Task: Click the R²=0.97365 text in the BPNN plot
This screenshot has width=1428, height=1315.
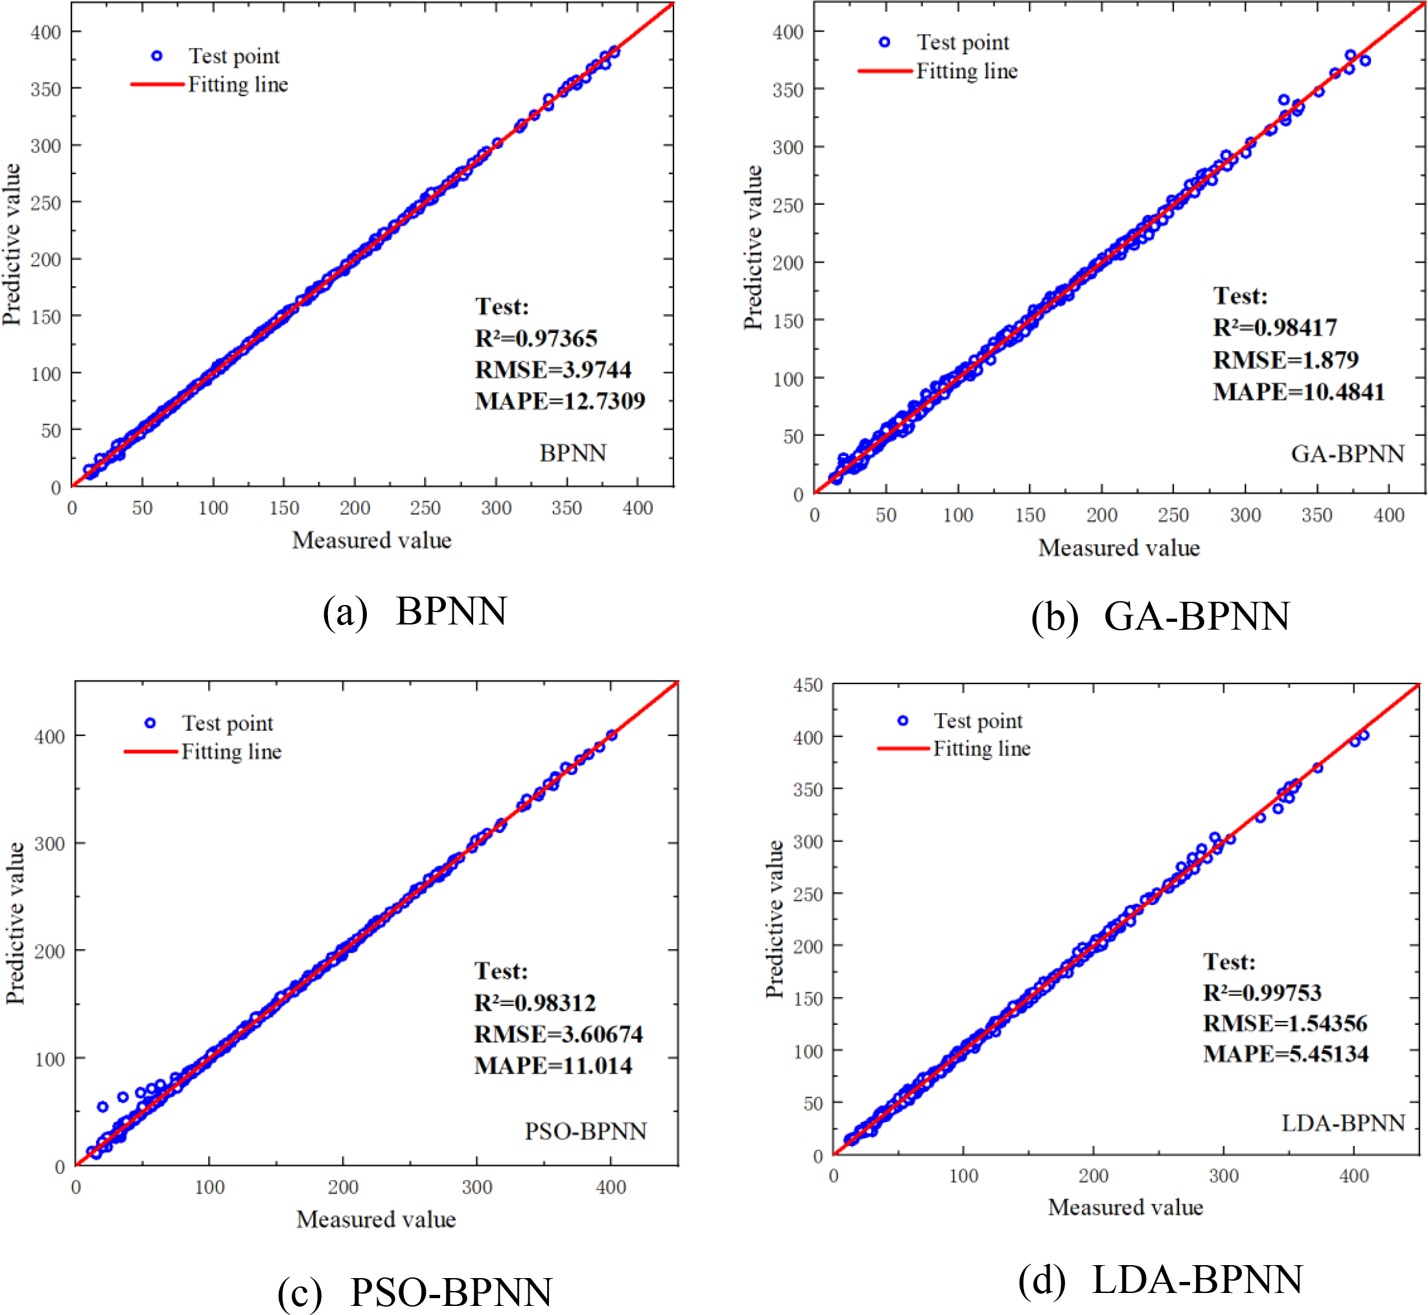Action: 536,338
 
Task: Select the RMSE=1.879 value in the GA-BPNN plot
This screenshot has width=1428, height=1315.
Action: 1285,360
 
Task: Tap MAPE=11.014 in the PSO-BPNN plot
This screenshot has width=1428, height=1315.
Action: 552,1065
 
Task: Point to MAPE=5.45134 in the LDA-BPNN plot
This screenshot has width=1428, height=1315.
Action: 1285,1053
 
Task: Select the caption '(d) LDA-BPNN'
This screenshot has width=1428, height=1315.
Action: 1160,1279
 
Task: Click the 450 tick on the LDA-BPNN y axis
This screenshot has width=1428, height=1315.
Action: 807,685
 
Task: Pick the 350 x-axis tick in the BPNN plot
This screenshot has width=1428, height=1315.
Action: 566,508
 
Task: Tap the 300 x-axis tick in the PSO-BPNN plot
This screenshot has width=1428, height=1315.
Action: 476,1187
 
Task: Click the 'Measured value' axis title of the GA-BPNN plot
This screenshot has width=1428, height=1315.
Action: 1118,548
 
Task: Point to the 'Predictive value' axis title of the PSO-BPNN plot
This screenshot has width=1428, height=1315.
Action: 16,923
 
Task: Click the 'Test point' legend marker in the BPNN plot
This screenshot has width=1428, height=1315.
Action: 157,56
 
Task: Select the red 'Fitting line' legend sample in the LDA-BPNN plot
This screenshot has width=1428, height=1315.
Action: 903,749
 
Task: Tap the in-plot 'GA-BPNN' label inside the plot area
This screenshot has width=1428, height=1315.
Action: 1347,453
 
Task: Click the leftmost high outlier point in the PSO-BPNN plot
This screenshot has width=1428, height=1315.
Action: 102,1106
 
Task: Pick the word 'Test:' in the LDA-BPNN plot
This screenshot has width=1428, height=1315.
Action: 1229,961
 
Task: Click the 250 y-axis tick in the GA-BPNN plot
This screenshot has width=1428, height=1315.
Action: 788,205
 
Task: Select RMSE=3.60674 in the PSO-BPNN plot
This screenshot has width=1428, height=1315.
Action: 558,1034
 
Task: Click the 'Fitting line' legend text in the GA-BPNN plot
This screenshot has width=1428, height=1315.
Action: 966,71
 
